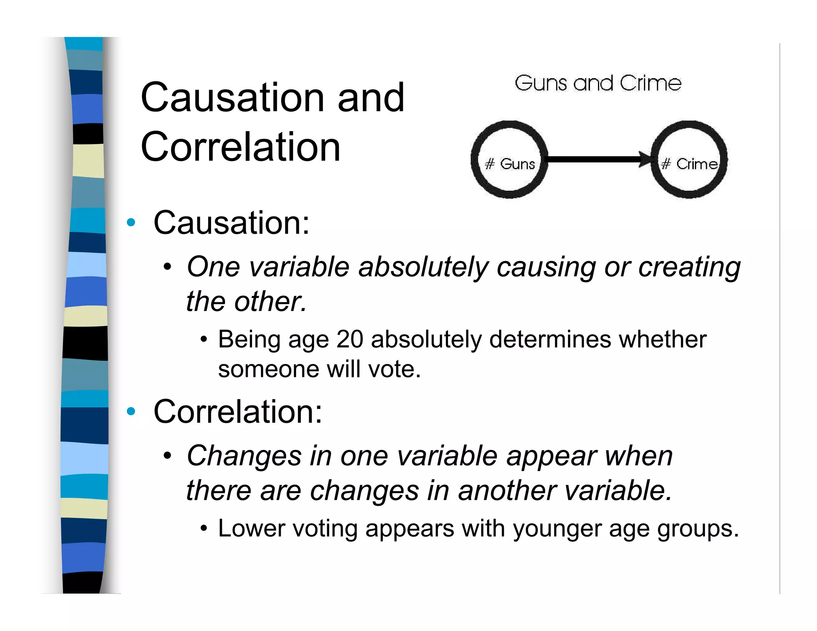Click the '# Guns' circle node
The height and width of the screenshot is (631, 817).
[509, 160]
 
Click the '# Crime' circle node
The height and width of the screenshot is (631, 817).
[689, 160]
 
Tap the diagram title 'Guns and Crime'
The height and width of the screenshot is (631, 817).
[598, 83]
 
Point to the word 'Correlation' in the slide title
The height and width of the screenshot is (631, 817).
[241, 147]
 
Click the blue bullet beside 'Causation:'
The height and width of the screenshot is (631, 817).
[131, 223]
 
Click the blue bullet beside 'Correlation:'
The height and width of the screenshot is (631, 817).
[131, 411]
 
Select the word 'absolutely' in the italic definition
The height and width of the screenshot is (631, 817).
[423, 267]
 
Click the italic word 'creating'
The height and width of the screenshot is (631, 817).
[689, 267]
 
